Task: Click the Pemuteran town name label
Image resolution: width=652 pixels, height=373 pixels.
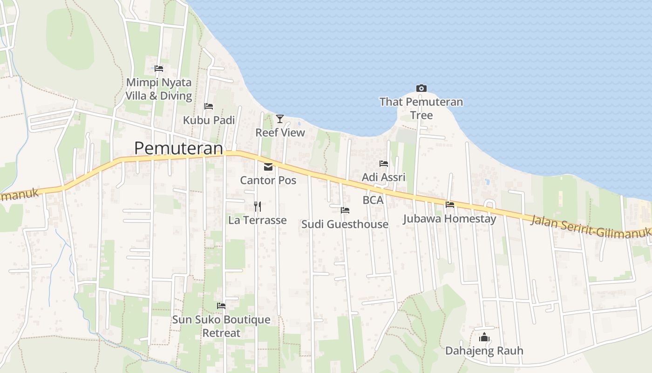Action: coord(179,148)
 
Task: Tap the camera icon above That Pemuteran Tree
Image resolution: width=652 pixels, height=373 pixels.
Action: coord(421,88)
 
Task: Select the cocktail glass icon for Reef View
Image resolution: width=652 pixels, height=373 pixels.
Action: coord(279,119)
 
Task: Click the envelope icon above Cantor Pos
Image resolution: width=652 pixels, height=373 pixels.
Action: coord(268,167)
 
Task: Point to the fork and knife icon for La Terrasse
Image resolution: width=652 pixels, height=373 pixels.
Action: coord(257,206)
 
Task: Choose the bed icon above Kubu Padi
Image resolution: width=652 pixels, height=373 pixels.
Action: coord(209,106)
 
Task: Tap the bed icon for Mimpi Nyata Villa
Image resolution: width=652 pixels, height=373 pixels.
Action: coord(159,69)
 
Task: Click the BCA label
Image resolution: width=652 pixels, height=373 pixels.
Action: coord(373,200)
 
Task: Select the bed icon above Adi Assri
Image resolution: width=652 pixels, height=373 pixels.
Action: coord(384,164)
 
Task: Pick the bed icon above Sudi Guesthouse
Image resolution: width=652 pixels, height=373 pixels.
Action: coord(345,210)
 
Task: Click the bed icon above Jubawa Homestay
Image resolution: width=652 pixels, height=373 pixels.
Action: coord(450,204)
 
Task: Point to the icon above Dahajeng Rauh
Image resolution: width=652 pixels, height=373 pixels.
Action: coord(484,337)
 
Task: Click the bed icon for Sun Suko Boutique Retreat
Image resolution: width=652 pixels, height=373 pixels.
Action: coord(221,306)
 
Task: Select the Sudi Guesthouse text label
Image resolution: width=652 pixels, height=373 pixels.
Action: coord(345,224)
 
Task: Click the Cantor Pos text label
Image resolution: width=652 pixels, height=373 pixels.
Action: coord(268,180)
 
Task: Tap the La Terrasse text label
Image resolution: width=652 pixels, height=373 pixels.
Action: coord(257,220)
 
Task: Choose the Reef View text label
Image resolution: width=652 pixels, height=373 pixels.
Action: coord(280,132)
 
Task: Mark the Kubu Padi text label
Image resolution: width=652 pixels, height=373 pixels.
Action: coord(209,120)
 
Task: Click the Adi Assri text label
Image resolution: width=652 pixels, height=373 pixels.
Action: coord(384,177)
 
